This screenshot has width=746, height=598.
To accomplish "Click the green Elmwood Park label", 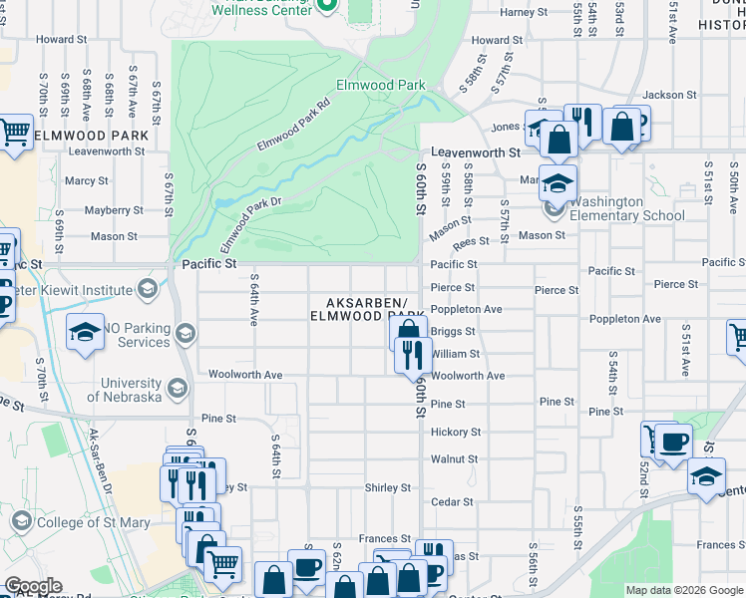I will (380, 86).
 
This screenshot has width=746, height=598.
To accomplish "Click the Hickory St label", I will (456, 433).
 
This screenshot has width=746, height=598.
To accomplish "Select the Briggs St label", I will (453, 331).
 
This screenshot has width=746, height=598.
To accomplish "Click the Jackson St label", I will (669, 95).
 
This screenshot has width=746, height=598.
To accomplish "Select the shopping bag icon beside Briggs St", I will (408, 332).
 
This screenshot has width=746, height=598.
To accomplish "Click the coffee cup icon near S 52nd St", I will (673, 441).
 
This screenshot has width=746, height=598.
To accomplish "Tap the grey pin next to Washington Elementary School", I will (554, 209).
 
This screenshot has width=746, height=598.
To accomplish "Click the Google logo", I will (33, 586).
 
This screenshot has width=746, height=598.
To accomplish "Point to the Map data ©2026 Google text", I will (683, 590).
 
